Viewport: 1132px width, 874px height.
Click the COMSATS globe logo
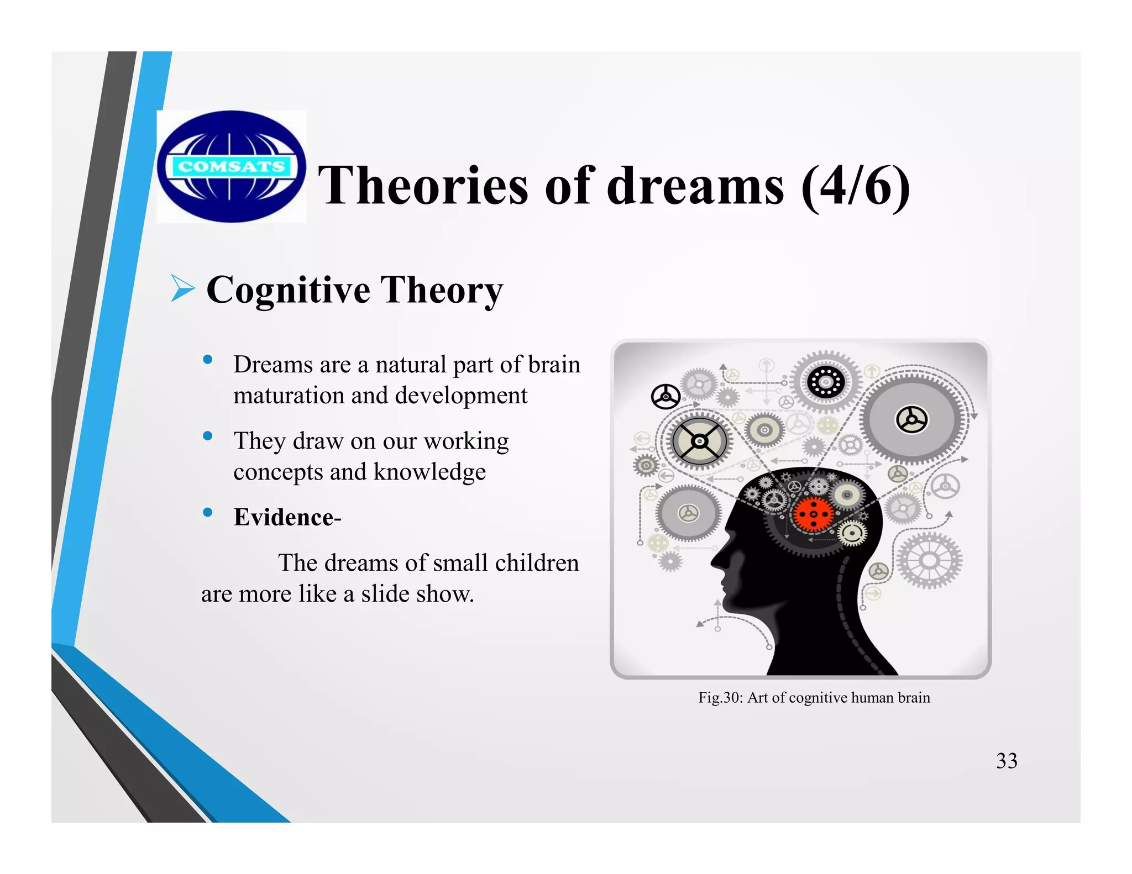[232, 166]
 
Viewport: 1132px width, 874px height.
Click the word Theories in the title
[423, 186]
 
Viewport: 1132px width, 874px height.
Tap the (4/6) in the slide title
[855, 187]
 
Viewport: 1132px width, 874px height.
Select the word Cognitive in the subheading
[288, 289]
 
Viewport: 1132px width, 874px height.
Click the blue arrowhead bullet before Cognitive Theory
[182, 288]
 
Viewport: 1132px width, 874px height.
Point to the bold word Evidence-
[287, 517]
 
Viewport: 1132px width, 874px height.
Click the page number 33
[1007, 761]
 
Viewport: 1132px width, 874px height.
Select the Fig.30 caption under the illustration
[814, 697]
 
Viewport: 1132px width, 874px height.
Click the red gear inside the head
[813, 514]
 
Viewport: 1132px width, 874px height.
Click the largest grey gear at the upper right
[912, 420]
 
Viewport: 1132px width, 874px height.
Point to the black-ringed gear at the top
[826, 382]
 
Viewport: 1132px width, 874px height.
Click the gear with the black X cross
[699, 441]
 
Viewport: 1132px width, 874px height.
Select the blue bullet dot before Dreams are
[208, 360]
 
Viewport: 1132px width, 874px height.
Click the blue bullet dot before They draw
[208, 436]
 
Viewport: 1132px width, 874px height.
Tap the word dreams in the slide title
[695, 186]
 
